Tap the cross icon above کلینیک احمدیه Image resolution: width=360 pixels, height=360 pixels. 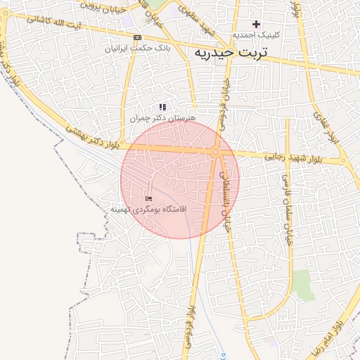257,24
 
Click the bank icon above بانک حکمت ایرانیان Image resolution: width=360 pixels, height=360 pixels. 137,37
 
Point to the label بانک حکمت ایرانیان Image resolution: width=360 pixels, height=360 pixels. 137,49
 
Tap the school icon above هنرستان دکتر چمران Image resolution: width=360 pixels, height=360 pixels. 162,107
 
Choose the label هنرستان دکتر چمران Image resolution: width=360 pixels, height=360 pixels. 162,118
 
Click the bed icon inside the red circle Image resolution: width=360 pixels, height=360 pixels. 148,198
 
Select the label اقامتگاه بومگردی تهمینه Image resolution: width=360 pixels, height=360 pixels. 148,210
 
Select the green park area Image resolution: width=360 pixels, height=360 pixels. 304,285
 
